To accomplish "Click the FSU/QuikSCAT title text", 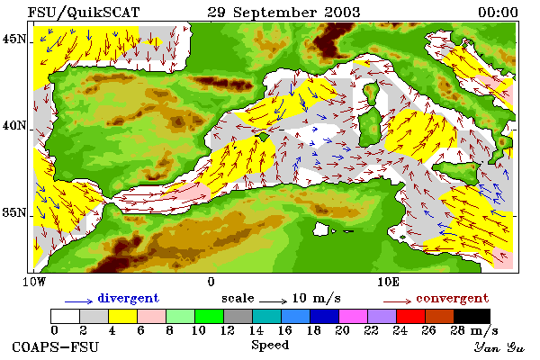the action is (84, 13).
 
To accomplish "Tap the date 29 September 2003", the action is (283, 13).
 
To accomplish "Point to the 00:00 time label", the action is (498, 13).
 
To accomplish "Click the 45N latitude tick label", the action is (14, 40).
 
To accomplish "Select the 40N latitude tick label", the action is (14, 126).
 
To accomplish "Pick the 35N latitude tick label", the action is (14, 212).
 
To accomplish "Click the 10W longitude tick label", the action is (34, 282).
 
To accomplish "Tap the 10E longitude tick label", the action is (388, 282).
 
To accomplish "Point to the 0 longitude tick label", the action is (211, 282).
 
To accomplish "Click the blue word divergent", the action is (129, 298).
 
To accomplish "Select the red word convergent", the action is (453, 298).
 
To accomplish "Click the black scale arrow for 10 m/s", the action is (273, 301).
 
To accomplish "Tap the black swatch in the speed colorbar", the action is (472, 316).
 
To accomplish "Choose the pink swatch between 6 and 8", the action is (151, 316).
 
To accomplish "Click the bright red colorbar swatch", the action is (410, 316).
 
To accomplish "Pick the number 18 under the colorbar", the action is (313, 330).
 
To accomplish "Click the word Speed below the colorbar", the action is (270, 345).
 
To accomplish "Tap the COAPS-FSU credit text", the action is (56, 346).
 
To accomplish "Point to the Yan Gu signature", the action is (499, 347).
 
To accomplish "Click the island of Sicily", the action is (456, 171).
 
